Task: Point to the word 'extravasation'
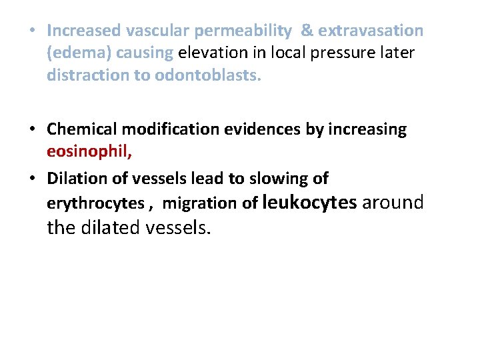(371, 31)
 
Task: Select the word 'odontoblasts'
(208, 75)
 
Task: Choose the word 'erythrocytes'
(93, 203)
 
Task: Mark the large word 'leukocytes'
(310, 201)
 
